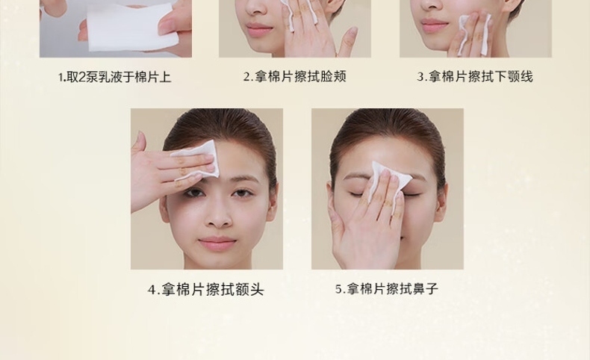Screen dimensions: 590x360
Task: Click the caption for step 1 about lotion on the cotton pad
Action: [x=114, y=77]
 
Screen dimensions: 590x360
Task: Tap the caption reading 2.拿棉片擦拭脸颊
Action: [x=294, y=77]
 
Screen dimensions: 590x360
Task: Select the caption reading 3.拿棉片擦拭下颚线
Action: [x=475, y=77]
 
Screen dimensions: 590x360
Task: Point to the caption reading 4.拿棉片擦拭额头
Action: [x=206, y=290]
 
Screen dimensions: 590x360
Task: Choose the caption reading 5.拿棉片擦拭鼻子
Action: [x=387, y=289]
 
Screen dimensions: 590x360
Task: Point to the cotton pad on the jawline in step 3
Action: [x=475, y=34]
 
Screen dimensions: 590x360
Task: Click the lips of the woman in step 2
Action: [x=259, y=28]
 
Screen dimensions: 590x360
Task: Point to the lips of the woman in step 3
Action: [x=434, y=25]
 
